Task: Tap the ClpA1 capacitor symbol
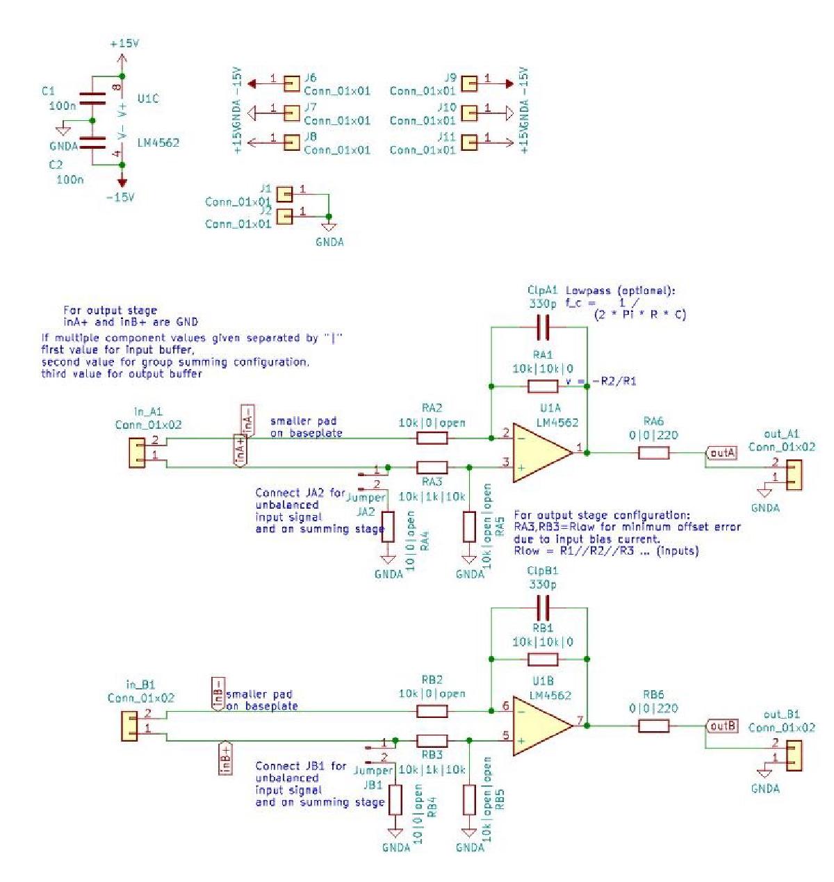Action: pos(543,326)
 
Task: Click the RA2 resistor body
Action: pos(432,438)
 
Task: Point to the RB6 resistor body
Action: pos(653,726)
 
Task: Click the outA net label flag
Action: pos(721,453)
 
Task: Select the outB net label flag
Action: pos(721,726)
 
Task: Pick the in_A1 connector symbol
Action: pos(137,452)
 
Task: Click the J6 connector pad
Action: pos(291,83)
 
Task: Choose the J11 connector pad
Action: pos(470,142)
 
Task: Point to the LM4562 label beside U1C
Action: pos(158,142)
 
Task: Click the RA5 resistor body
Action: pos(469,526)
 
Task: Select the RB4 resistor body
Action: pos(395,799)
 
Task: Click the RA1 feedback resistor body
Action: pos(543,386)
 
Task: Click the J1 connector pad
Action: pos(284,193)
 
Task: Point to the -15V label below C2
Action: pos(120,197)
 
